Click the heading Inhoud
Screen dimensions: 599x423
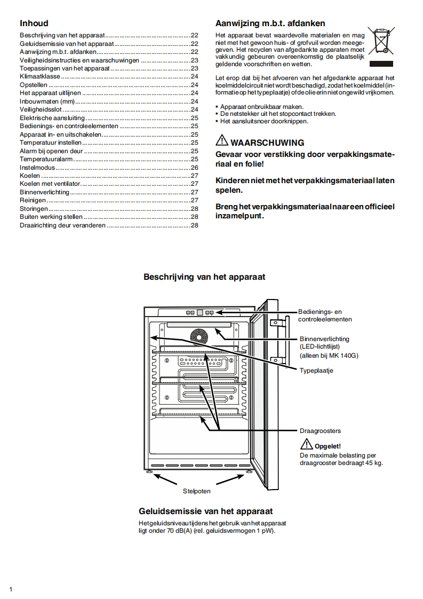pos(34,23)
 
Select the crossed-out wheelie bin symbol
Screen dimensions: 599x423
pos(380,41)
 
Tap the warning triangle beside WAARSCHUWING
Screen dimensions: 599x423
pos(221,142)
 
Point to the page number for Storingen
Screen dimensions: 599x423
pos(195,208)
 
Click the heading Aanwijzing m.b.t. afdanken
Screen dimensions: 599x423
pos(270,23)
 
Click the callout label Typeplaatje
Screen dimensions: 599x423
pos(316,371)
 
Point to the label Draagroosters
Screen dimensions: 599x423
pos(320,430)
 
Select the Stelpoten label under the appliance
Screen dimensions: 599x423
pos(197,490)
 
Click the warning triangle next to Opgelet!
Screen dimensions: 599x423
pos(306,444)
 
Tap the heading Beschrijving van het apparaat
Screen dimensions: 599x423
pos(204,277)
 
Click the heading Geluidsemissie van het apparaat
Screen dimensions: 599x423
pos(205,511)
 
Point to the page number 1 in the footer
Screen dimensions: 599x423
pos(11,589)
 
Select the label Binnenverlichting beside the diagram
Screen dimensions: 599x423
pos(324,339)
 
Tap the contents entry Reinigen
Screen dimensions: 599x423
pos(33,200)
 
